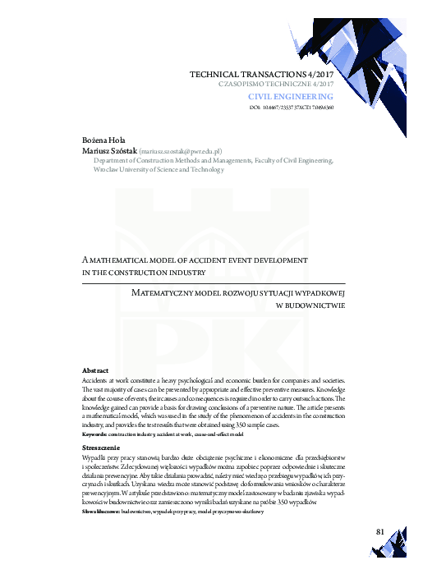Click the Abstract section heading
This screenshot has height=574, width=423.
pyautogui.click(x=97, y=371)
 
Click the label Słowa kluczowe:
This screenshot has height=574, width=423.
pyautogui.click(x=103, y=511)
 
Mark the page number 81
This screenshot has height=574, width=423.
pyautogui.click(x=380, y=531)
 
